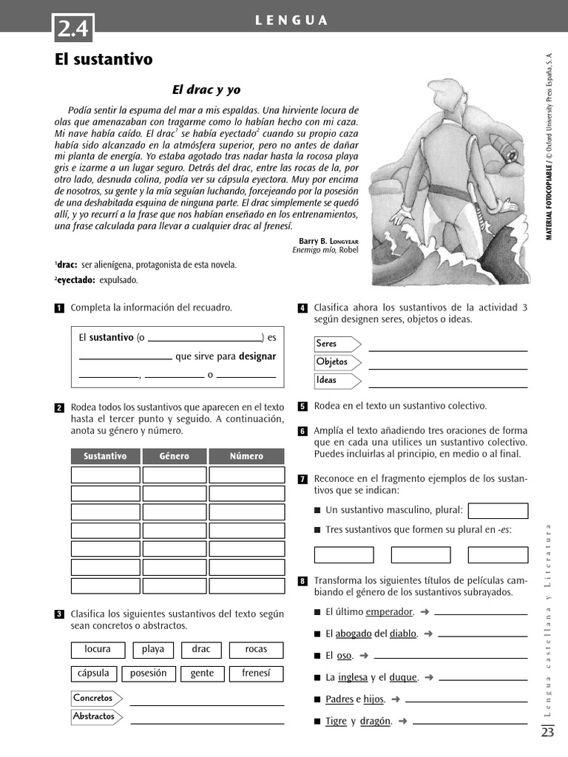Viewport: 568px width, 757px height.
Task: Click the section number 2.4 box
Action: (73, 28)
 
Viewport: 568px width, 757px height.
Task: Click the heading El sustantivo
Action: (104, 60)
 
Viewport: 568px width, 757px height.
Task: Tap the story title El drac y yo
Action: (206, 89)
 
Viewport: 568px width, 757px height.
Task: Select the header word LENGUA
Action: (291, 21)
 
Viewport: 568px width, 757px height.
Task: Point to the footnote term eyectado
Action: (75, 280)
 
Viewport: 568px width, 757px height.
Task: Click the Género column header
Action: (174, 456)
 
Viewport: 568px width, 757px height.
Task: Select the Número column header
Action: (246, 456)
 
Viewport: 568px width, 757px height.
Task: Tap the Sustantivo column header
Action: (105, 456)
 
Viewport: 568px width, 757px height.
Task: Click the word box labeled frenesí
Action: (256, 673)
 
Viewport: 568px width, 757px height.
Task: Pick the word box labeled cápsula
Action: (93, 673)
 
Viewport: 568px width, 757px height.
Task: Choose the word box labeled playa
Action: (153, 649)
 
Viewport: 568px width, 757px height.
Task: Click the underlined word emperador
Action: (389, 611)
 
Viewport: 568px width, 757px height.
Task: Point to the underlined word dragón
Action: (375, 721)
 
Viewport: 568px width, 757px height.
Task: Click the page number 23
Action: (547, 733)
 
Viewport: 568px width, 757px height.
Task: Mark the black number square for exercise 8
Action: (302, 581)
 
